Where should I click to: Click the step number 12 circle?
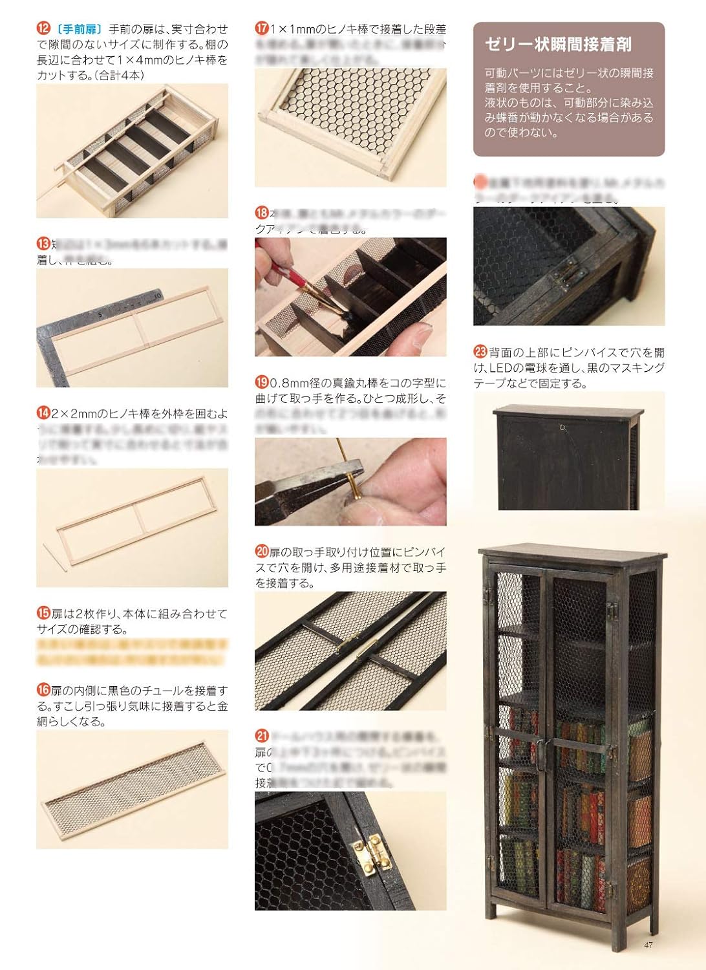point(43,29)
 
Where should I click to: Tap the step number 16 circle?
point(43,691)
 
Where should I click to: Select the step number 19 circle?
point(262,382)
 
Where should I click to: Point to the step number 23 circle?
point(480,352)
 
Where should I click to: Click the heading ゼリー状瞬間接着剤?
point(558,45)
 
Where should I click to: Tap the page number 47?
point(648,945)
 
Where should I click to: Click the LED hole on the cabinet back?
point(563,427)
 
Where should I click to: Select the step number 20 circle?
point(262,552)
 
